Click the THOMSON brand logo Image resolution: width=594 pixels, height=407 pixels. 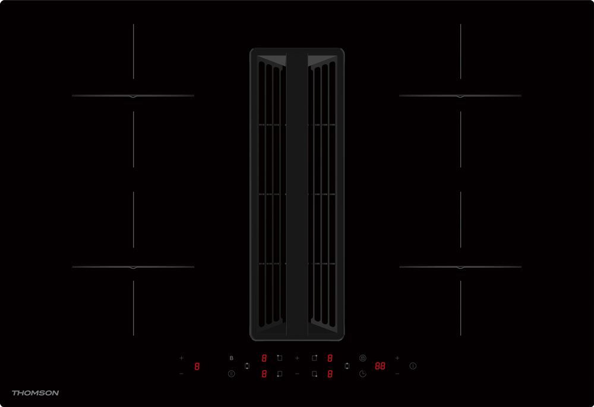coord(35,393)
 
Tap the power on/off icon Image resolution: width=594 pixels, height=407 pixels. coord(413,366)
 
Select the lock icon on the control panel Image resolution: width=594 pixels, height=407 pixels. coord(362,358)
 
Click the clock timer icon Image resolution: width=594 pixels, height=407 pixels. coord(362,374)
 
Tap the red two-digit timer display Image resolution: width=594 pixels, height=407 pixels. coord(380,366)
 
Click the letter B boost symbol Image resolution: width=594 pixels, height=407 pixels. coord(231,358)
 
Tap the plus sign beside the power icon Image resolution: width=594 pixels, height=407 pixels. coord(397,358)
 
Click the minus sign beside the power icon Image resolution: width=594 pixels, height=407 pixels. coord(397,374)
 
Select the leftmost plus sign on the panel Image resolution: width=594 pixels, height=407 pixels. coord(181,358)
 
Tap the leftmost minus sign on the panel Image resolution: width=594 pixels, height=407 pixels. coord(181,374)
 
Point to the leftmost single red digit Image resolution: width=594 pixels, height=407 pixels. coord(197,366)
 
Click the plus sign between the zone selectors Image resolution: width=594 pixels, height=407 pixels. coord(296,358)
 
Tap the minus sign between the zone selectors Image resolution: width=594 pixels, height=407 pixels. coord(296,374)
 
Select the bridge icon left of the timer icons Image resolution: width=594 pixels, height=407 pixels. coord(346,366)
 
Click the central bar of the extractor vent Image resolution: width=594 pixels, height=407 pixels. coord(296,193)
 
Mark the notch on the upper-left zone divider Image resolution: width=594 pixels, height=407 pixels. coord(133,96)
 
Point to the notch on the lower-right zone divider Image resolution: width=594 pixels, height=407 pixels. coord(460,268)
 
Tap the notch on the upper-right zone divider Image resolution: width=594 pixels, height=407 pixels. coord(460,96)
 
